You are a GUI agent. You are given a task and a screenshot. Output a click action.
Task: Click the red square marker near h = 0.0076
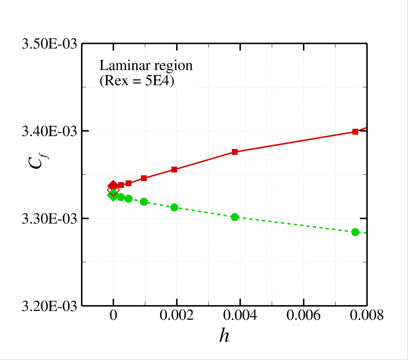[355, 132]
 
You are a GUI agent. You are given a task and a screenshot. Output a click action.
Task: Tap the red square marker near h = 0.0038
[235, 152]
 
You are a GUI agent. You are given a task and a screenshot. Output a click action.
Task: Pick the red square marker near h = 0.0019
[174, 169]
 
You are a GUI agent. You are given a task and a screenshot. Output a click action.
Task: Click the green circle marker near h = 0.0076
[355, 232]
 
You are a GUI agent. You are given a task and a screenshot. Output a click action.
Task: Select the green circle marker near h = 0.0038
[235, 217]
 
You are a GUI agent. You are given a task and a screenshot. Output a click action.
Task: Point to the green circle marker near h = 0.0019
[174, 207]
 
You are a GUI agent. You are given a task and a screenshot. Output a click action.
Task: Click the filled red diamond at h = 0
[113, 185]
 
